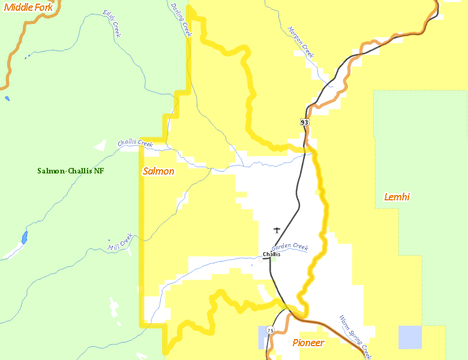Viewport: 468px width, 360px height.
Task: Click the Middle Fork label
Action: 28,7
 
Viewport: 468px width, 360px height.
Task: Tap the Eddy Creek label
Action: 112,23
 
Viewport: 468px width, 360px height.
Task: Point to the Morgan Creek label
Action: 301,42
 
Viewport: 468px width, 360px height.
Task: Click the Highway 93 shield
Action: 305,122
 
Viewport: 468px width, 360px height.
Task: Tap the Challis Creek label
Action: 135,143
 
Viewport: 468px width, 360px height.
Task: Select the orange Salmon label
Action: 158,172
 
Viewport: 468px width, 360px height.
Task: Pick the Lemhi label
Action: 397,197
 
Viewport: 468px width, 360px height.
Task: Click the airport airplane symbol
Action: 277,230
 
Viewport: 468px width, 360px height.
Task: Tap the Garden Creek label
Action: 290,247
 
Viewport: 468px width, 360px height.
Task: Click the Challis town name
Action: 271,254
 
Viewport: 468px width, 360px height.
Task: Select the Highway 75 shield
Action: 270,331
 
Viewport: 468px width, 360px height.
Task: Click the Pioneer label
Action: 308,343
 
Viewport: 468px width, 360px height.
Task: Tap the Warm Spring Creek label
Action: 355,337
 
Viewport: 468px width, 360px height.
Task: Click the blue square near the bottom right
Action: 410,337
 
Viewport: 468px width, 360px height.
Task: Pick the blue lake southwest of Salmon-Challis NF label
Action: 24,237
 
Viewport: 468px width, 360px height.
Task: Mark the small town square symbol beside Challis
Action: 261,259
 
